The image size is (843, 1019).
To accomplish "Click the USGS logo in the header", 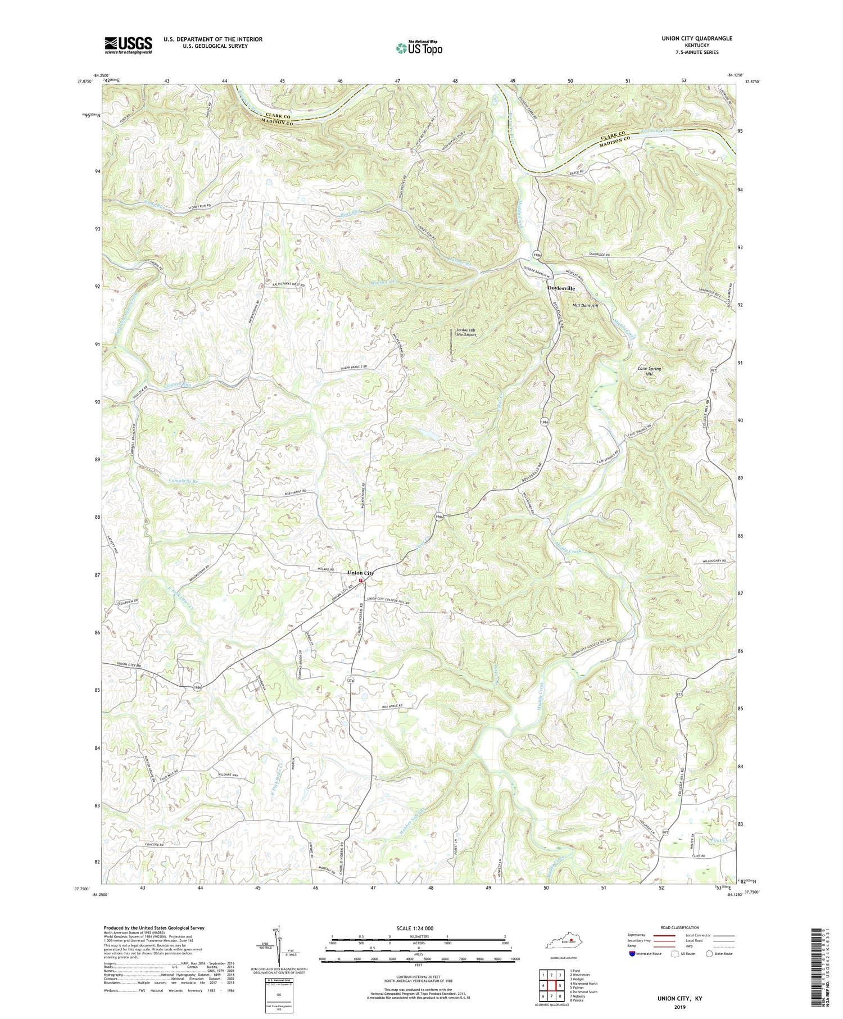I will pos(128,45).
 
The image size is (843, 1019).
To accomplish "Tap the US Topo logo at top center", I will pos(419,48).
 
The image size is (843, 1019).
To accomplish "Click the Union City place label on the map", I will pos(360,573).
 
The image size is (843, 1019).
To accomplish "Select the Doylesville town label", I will pos(561,288).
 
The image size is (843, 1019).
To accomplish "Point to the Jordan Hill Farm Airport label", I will pos(465,332).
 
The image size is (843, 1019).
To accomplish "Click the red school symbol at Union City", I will pos(361,581).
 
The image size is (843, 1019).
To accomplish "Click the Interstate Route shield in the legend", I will pos(632,954).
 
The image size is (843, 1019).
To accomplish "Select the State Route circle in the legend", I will pos(710,954).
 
